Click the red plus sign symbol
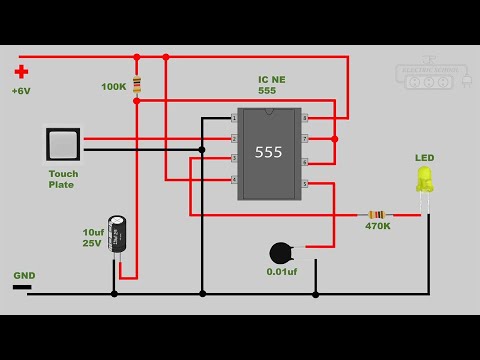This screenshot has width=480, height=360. click(x=21, y=72)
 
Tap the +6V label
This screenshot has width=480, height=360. click(x=22, y=91)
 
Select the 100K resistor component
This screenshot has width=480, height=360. click(x=136, y=86)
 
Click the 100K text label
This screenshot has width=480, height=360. click(x=114, y=87)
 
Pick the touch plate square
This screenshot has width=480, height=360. click(x=63, y=145)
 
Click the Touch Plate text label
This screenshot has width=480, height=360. click(x=63, y=179)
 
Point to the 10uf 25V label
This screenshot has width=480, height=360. click(x=92, y=237)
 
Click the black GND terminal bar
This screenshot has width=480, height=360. click(x=22, y=287)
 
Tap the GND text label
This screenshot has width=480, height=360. click(x=24, y=275)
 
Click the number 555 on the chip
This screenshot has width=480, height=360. click(x=269, y=153)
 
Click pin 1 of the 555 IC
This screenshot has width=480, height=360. click(x=234, y=118)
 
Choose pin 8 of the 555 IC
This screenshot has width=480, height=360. click(x=305, y=118)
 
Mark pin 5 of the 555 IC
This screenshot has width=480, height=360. click(x=305, y=184)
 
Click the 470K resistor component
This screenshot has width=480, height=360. click(x=376, y=214)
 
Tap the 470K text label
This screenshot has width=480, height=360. click(x=378, y=227)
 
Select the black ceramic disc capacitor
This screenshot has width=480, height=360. click(x=282, y=253)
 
